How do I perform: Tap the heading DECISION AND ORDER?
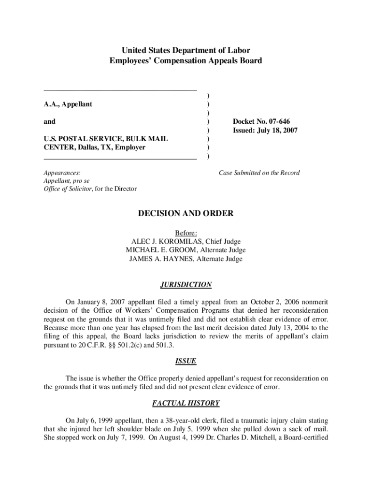tap(186, 214)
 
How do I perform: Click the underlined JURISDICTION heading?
tap(186, 285)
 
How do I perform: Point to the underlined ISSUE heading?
tap(186, 361)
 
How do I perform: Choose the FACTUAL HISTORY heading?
tap(186, 403)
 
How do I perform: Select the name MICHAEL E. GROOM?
tap(159, 250)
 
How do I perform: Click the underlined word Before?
tap(186, 233)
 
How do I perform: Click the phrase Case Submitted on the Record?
tap(259, 173)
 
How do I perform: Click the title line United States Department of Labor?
tap(186, 50)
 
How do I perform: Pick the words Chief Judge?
tap(224, 241)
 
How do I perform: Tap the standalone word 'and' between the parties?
tap(49, 122)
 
